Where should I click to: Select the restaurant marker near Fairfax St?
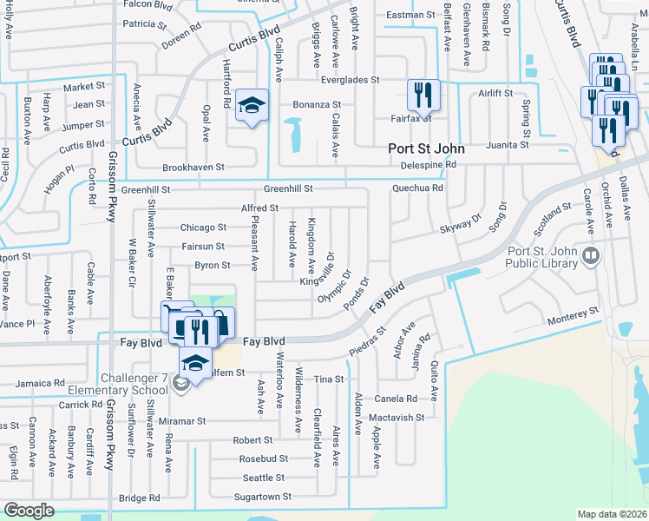(423, 94)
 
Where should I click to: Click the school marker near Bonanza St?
(252, 107)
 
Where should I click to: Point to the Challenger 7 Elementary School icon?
(180, 383)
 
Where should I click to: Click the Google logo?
(29, 510)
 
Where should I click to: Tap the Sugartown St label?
(263, 498)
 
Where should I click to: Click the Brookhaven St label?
(193, 167)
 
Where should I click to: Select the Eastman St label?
(410, 15)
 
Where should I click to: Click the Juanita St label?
(508, 145)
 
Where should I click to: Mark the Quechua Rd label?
(418, 188)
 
